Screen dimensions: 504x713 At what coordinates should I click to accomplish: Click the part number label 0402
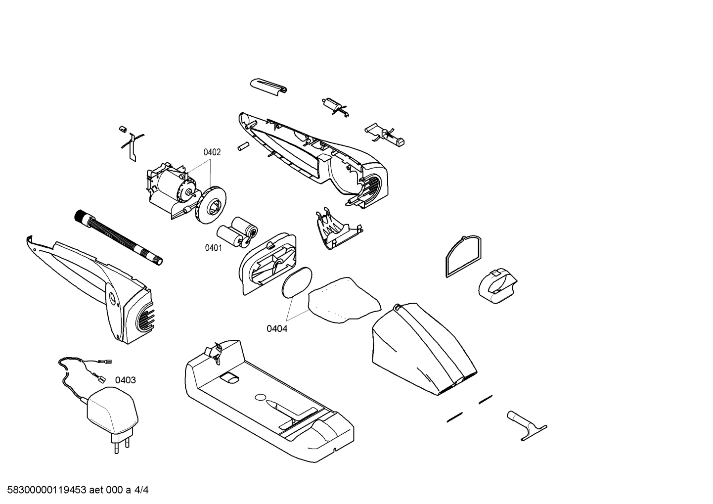tap(212, 152)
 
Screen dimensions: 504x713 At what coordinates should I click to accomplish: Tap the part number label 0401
tap(213, 248)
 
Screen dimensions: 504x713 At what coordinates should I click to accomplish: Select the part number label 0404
tap(277, 328)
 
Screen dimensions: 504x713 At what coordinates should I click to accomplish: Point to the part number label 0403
tap(126, 380)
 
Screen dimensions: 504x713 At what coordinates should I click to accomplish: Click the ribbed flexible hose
tap(119, 237)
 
